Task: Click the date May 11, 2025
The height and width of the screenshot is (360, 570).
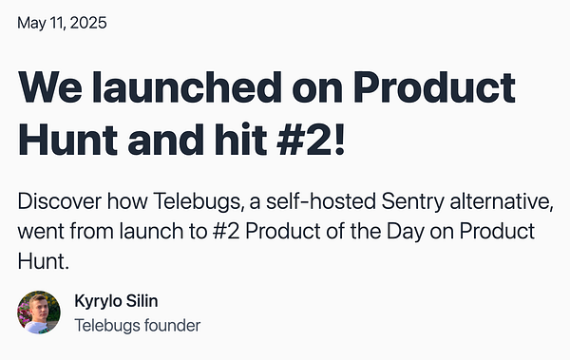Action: (62, 21)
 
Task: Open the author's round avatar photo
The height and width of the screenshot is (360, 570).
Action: (39, 313)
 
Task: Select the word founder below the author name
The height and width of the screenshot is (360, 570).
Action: (172, 325)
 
